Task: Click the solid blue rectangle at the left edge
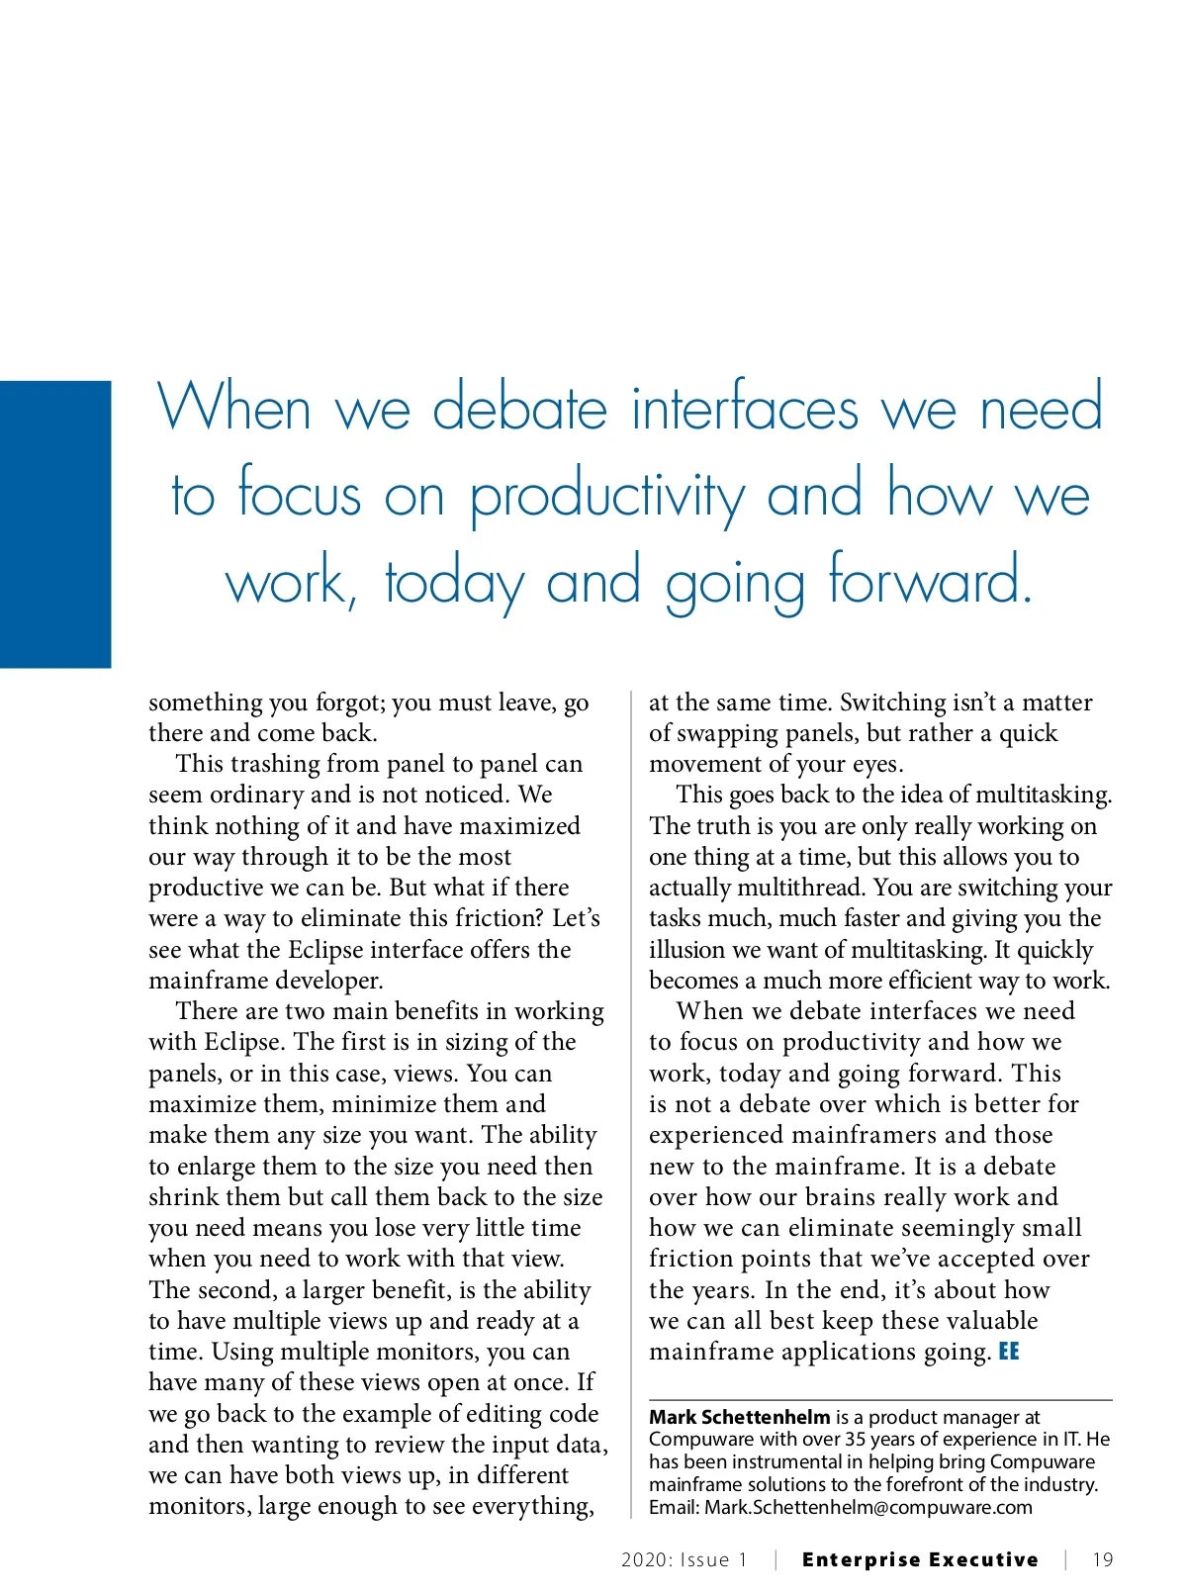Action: pyautogui.click(x=55, y=523)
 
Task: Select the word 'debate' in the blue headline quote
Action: pyautogui.click(x=520, y=408)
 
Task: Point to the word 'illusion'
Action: pyautogui.click(x=687, y=950)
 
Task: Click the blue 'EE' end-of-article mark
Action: pyautogui.click(x=1009, y=1352)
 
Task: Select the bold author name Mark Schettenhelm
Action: pyautogui.click(x=739, y=1417)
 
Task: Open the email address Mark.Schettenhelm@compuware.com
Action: pyautogui.click(x=868, y=1508)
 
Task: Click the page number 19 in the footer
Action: pyautogui.click(x=1103, y=1560)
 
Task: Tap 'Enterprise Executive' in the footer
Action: pyautogui.click(x=920, y=1560)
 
